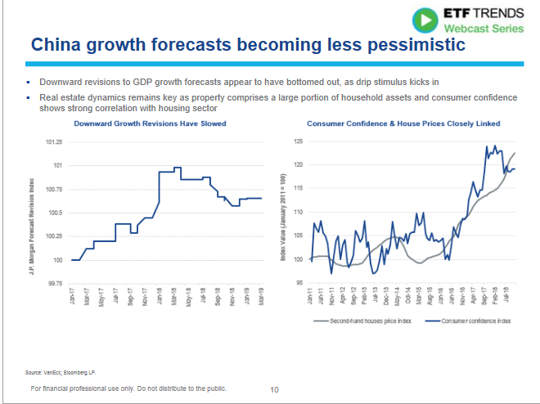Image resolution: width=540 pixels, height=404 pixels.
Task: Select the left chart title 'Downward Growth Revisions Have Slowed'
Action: coord(150,123)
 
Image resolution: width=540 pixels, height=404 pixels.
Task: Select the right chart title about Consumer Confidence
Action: coord(403,123)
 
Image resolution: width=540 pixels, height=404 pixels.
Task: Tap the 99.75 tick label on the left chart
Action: coord(56,284)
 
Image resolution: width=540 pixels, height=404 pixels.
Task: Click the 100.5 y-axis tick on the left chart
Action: coord(56,213)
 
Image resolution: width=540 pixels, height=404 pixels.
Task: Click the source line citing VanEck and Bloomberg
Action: coord(56,373)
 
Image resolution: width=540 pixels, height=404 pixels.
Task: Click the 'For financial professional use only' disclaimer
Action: coord(128,388)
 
